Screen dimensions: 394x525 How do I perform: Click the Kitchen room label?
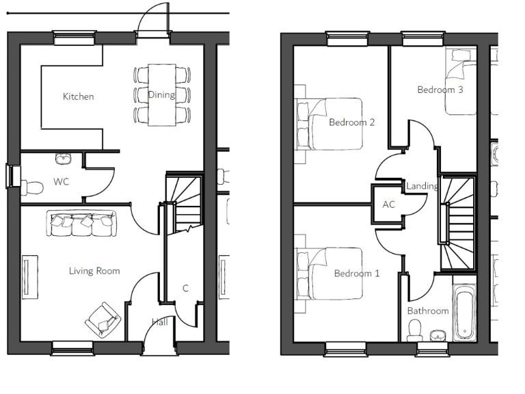coord(78,96)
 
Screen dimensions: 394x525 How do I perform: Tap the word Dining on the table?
coord(161,95)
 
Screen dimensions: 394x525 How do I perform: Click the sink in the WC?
coord(64,159)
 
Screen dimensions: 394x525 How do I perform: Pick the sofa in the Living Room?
coord(81,224)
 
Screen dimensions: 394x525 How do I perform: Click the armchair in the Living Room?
coord(103,319)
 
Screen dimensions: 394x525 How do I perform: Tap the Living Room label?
coord(94,271)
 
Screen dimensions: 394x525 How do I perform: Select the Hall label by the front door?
coord(159,321)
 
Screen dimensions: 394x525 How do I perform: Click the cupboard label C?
coord(185,289)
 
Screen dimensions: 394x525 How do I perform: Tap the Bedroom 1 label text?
coord(356,274)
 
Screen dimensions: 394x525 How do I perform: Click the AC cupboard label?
coord(388,205)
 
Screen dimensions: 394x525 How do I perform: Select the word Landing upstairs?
coord(422,186)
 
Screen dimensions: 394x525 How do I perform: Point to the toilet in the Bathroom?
coord(414,330)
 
